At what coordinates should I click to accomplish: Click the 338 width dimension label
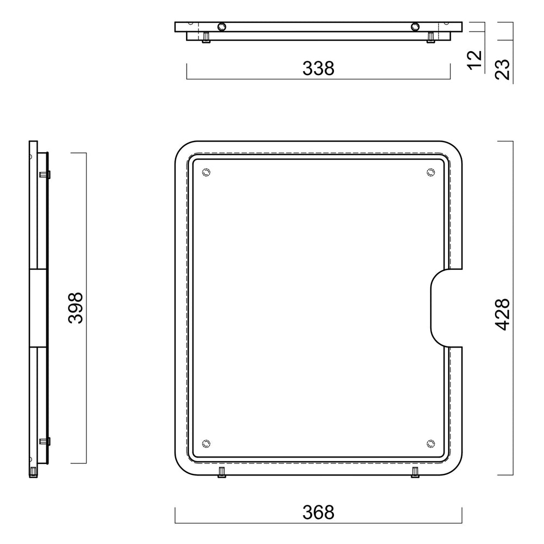pos(318,69)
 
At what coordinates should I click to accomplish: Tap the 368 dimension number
pos(318,512)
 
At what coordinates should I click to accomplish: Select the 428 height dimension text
pos(502,314)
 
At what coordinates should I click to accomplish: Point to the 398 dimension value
pos(76,308)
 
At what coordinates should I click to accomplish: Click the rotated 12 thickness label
pos(474,60)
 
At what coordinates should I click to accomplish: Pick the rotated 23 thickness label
pos(502,70)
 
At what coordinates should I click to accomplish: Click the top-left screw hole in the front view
pos(206,172)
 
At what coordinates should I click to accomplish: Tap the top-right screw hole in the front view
pos(430,172)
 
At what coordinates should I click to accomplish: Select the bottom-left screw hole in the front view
pos(206,443)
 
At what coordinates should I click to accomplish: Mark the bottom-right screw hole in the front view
pos(430,443)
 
